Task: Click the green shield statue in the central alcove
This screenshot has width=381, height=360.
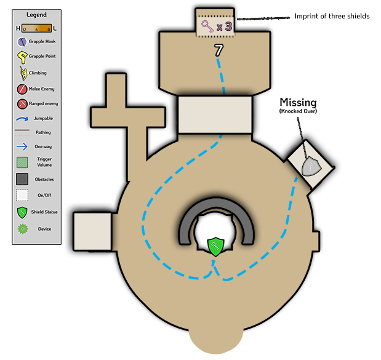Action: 215,247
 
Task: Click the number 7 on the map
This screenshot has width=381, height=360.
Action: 218,51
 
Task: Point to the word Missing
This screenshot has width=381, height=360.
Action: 298,102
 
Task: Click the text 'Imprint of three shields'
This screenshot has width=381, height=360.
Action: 332,16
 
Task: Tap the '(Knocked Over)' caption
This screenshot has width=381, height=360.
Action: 298,111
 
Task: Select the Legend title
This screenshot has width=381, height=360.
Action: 36,14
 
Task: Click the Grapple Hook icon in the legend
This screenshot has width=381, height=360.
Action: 23,42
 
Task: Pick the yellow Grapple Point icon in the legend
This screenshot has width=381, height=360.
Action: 23,58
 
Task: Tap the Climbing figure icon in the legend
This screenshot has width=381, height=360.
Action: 23,73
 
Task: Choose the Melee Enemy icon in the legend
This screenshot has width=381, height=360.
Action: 23,89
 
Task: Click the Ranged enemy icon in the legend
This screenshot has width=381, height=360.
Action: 23,103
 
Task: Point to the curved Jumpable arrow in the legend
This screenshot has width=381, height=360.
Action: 23,118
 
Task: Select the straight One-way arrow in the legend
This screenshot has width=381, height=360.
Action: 23,146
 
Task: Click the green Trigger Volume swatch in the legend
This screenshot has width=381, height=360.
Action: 23,162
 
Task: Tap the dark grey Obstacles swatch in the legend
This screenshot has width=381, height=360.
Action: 23,179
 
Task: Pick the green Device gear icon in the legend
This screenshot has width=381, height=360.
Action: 23,229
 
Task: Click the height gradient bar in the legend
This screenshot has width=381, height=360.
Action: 36,28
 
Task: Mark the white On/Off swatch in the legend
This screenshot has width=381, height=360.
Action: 23,196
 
